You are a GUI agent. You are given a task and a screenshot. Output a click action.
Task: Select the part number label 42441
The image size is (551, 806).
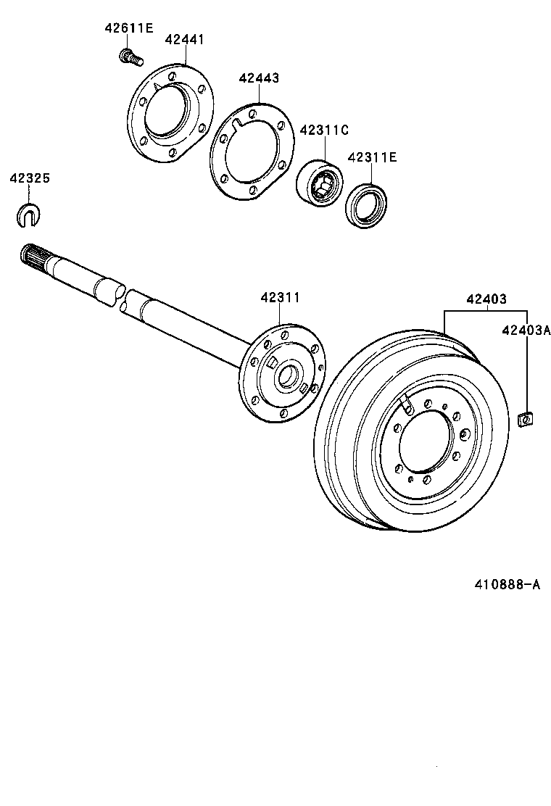[184, 40]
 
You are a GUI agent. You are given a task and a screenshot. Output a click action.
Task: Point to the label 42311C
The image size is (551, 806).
[324, 130]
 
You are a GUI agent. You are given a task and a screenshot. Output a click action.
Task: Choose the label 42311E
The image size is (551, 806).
[372, 157]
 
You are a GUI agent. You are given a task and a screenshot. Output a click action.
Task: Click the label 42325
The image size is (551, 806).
[30, 178]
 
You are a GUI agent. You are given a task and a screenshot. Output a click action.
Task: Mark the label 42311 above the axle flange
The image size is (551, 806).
[280, 297]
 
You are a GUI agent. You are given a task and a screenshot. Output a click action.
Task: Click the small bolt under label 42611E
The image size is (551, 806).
[129, 55]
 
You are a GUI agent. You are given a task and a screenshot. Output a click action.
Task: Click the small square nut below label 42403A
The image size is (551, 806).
[526, 418]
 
